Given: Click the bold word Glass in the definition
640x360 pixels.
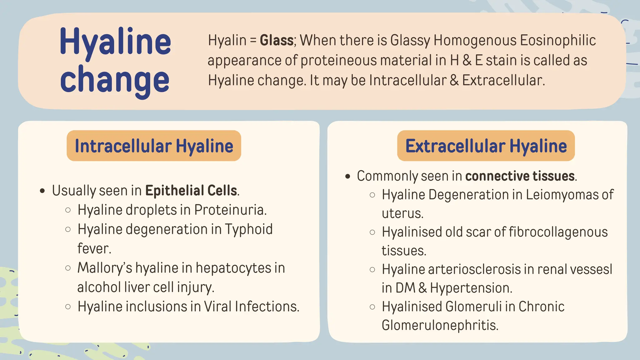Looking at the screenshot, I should pyautogui.click(x=277, y=41).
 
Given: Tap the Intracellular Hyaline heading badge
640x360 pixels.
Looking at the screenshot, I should pyautogui.click(x=154, y=146).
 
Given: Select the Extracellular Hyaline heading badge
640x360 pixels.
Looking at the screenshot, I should pyautogui.click(x=486, y=146).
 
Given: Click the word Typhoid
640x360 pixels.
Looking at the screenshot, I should pyautogui.click(x=249, y=229).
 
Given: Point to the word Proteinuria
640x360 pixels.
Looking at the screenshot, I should pyautogui.click(x=230, y=210).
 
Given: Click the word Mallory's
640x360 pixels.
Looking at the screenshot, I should pyautogui.click(x=105, y=268).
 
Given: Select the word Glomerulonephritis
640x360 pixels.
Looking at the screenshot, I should pyautogui.click(x=440, y=325).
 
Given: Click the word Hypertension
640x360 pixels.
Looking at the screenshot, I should pyautogui.click(x=471, y=288).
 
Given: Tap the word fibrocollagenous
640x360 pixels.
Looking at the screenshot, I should pyautogui.click(x=558, y=232).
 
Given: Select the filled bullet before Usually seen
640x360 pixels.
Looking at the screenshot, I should pyautogui.click(x=43, y=191).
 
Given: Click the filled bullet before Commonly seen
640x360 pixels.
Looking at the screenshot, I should pyautogui.click(x=348, y=177).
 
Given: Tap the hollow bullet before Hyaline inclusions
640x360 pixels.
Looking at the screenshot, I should pyautogui.click(x=68, y=307).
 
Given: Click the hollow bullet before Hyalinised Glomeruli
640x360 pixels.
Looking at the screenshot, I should pyautogui.click(x=372, y=307).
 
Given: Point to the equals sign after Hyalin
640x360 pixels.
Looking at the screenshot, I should pyautogui.click(x=253, y=41).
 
